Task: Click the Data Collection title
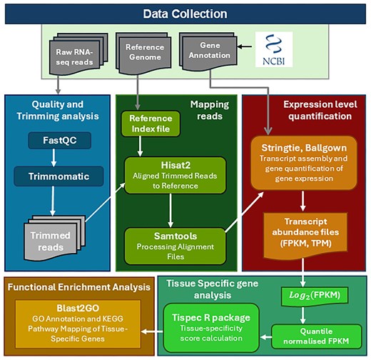(x=185, y=14)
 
